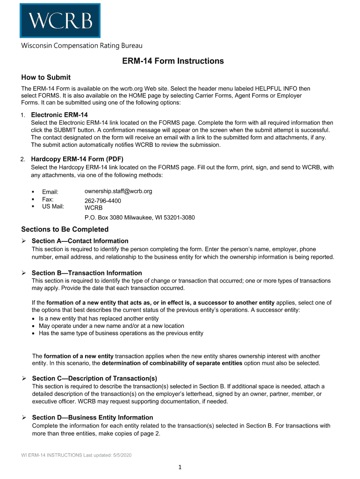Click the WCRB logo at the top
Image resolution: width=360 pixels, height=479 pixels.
point(60,21)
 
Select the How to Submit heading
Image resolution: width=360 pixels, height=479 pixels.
point(46,77)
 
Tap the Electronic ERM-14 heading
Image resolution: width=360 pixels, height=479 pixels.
point(59,115)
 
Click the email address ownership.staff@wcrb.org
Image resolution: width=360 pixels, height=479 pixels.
point(118,191)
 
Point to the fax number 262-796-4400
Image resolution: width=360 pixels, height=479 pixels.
point(102,201)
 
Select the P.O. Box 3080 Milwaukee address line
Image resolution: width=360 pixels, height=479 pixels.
point(139,218)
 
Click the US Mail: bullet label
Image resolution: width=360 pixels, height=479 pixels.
point(53,206)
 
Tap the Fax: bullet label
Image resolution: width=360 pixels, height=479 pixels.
point(48,199)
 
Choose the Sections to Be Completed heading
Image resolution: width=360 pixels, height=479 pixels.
point(65,229)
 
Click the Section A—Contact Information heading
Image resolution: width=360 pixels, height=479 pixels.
point(80,241)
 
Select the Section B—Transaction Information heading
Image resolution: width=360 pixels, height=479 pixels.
point(86,273)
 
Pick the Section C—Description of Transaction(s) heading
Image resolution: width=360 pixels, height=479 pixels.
point(94,378)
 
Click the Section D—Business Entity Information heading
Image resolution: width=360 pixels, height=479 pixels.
point(92,417)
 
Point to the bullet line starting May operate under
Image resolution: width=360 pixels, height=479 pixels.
point(111,326)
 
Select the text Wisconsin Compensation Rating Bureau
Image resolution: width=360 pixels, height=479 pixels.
point(81,46)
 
